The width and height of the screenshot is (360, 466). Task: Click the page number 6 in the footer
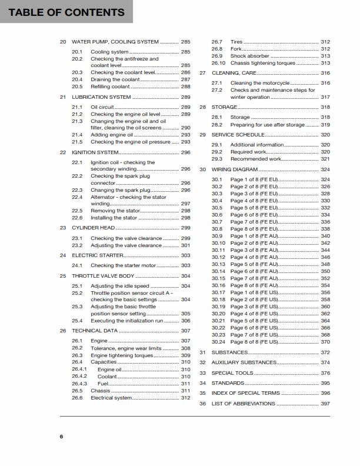pos(61,436)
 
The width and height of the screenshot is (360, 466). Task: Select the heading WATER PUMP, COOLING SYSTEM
pos(115,42)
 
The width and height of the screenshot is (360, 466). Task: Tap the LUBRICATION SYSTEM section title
pos(101,96)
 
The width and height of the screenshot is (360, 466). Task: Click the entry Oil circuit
pos(102,107)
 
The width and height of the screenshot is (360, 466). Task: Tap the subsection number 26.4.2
pos(79,376)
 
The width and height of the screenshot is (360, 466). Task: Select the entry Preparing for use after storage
pos(267,125)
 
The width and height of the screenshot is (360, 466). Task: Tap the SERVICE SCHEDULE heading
pos(238,135)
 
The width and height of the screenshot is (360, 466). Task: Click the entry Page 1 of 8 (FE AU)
pos(254,236)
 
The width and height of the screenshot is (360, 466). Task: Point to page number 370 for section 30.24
pos(325,342)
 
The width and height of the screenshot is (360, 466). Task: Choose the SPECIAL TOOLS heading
pos(232,373)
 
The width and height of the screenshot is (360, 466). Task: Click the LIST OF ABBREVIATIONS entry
pos(243,404)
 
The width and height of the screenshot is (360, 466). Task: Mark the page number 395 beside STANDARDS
pos(325,383)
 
